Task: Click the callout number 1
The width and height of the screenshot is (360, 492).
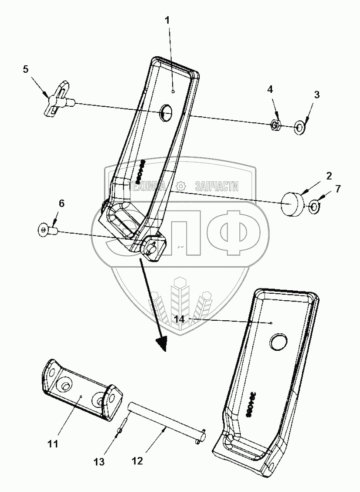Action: [168, 20]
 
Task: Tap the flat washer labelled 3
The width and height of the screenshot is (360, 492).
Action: [300, 127]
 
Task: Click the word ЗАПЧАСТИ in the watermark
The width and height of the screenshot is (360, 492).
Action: [217, 187]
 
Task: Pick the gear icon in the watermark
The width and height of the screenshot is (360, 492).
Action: [180, 187]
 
